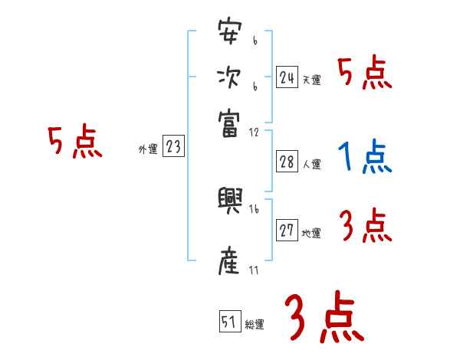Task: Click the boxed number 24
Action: point(287,77)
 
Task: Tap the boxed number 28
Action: point(287,162)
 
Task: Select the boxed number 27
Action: point(287,231)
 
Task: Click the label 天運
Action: point(312,80)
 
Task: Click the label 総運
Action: point(255,324)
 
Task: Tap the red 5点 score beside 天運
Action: point(365,74)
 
